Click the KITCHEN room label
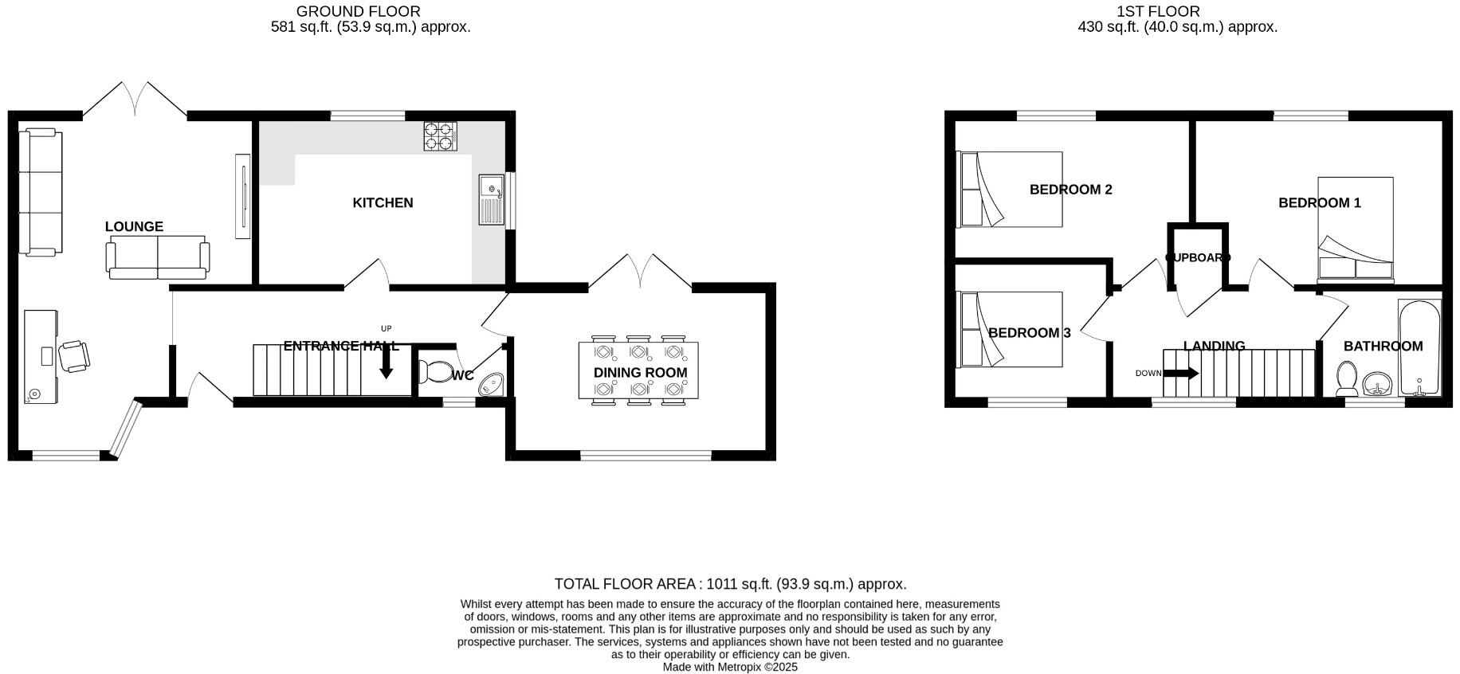coord(383,202)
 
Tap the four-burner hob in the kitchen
coord(440,136)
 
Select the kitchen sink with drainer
coord(490,199)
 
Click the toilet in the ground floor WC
coord(435,371)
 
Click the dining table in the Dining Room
coord(639,370)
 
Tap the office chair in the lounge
coord(74,355)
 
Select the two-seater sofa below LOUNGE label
coord(158,257)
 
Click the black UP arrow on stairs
coord(387,364)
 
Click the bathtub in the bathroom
coord(1419,348)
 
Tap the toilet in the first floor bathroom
coord(1346,378)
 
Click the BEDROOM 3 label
coord(1029,333)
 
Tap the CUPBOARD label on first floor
coord(1198,257)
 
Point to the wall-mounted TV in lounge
coord(242,195)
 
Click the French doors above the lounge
coord(135,99)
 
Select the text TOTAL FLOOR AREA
coord(625,584)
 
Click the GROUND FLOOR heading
coord(358,11)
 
